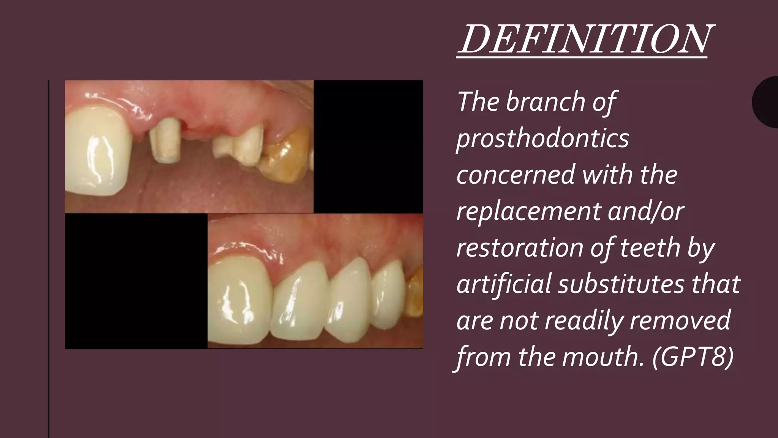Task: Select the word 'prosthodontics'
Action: [x=542, y=139]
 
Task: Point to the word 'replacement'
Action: [x=528, y=212]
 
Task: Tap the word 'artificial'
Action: [x=503, y=284]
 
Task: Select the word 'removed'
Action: [x=680, y=321]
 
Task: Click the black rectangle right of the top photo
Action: [x=368, y=146]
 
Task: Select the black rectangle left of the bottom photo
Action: [x=136, y=281]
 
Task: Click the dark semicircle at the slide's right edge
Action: [x=767, y=102]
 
